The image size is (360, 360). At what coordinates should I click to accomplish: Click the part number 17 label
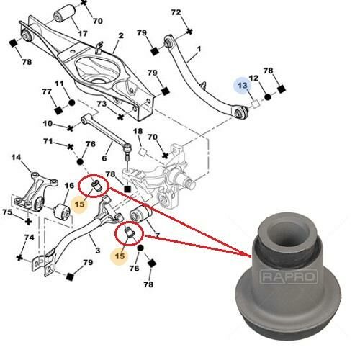(83, 33)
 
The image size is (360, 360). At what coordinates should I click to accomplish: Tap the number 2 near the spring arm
(121, 35)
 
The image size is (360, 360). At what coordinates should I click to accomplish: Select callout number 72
(176, 12)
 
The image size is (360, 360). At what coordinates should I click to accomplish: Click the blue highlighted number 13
(243, 85)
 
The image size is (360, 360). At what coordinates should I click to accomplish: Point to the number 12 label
(253, 78)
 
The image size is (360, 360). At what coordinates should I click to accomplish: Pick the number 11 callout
(59, 84)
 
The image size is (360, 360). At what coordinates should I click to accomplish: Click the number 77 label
(47, 91)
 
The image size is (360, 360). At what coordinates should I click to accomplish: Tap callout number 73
(102, 104)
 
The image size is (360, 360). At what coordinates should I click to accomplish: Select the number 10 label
(48, 124)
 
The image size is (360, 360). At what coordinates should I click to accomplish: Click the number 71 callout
(48, 141)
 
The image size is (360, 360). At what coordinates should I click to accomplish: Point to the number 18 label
(138, 131)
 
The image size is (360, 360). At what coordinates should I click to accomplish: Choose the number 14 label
(16, 158)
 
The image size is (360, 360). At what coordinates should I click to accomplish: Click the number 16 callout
(69, 186)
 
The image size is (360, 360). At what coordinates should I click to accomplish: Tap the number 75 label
(7, 212)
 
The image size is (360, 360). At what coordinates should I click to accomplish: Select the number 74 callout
(29, 238)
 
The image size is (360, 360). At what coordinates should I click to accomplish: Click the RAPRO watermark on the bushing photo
(289, 276)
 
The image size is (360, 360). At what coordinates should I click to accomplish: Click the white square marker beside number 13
(255, 104)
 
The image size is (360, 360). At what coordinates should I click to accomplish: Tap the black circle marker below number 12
(268, 97)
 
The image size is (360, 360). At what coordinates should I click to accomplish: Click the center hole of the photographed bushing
(288, 233)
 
